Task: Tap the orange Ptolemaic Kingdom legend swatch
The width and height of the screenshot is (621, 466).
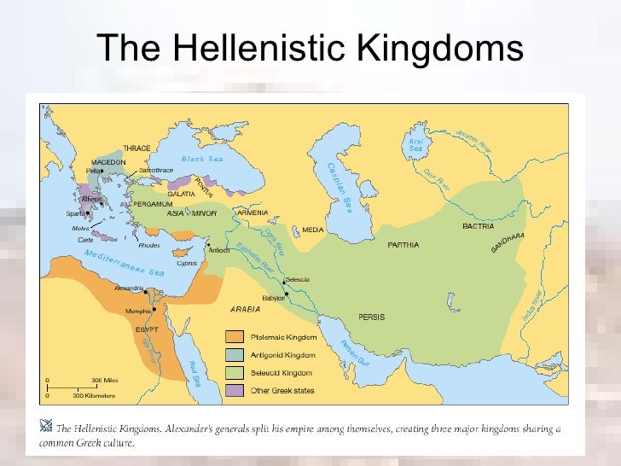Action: (x=235, y=336)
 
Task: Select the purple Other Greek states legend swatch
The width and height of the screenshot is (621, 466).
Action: (x=235, y=391)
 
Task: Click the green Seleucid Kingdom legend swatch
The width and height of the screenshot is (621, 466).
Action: (x=235, y=373)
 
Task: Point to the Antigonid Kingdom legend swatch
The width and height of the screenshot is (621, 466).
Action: (x=235, y=355)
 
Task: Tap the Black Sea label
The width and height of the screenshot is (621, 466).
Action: (x=201, y=160)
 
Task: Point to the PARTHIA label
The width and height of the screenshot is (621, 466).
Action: (x=403, y=245)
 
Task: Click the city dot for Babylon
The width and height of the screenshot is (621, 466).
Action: (x=287, y=294)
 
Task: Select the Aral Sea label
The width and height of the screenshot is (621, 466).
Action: (x=416, y=144)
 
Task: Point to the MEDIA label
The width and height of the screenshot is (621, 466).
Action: (x=313, y=230)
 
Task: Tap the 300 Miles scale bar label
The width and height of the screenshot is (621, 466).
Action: (x=104, y=378)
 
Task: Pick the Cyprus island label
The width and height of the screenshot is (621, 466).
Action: (x=186, y=263)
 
